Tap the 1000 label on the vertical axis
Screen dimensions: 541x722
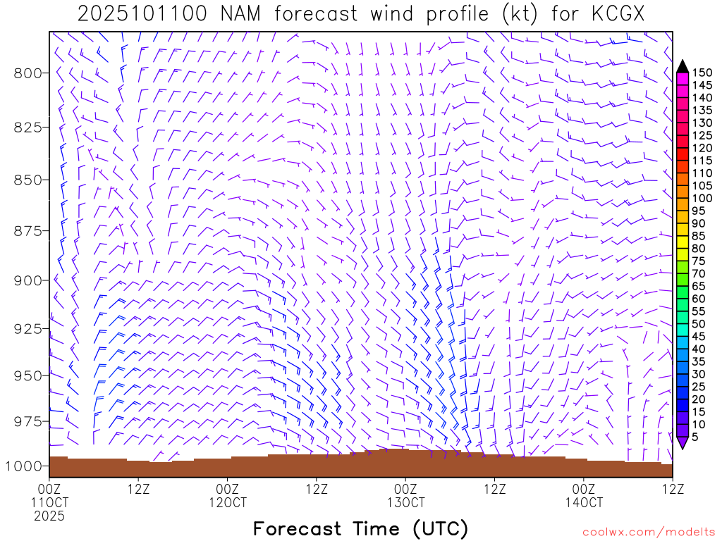click(26, 466)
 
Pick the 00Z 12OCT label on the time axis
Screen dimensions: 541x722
click(228, 495)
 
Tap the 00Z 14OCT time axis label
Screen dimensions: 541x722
click(584, 495)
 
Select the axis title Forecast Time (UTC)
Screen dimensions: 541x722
click(360, 528)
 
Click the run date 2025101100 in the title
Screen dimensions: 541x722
click(142, 14)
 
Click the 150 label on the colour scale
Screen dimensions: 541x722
click(702, 73)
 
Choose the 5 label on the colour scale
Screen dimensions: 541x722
click(695, 437)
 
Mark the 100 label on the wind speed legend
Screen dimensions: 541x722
click(702, 198)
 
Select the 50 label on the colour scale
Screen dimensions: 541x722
click(698, 323)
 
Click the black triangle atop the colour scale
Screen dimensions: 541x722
click(682, 66)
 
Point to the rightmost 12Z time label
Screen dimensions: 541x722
click(672, 488)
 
